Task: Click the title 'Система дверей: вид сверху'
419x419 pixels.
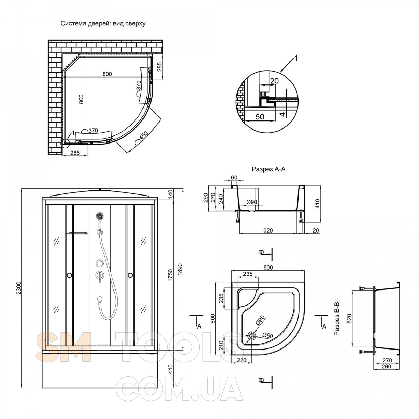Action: coord(103,23)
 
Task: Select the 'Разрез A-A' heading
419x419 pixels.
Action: coord(269,169)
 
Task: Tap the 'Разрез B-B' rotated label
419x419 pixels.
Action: coord(337,319)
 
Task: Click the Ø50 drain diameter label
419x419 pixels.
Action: coord(267,335)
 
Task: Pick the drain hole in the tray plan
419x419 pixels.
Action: coord(252,336)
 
